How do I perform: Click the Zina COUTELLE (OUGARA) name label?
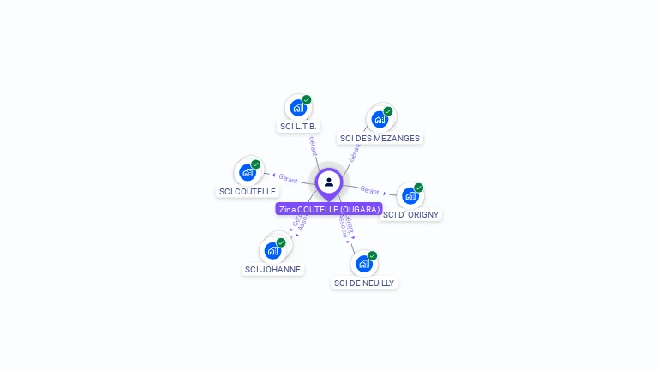(x=329, y=209)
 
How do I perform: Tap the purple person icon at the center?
(x=329, y=182)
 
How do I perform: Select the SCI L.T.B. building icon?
(x=298, y=108)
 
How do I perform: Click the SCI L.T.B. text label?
(x=298, y=127)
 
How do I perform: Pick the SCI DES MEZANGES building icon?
(x=380, y=119)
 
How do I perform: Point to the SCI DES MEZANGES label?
(x=380, y=138)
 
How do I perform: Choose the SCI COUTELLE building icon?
(x=248, y=172)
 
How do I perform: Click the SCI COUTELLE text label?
(x=248, y=191)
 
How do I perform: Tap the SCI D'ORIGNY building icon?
(x=410, y=195)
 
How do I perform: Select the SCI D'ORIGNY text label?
(x=411, y=214)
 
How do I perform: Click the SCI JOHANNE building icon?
(x=272, y=250)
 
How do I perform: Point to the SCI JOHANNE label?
(x=272, y=269)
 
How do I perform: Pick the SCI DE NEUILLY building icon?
(x=364, y=263)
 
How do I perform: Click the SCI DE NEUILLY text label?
(x=364, y=283)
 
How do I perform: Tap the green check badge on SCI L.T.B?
(x=307, y=100)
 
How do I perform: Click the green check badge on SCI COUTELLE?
(x=255, y=164)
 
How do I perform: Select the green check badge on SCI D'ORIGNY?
(x=419, y=188)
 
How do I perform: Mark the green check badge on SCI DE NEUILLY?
(x=373, y=255)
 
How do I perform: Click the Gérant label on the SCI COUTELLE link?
(x=288, y=178)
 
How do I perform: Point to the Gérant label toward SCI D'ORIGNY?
(x=369, y=190)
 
